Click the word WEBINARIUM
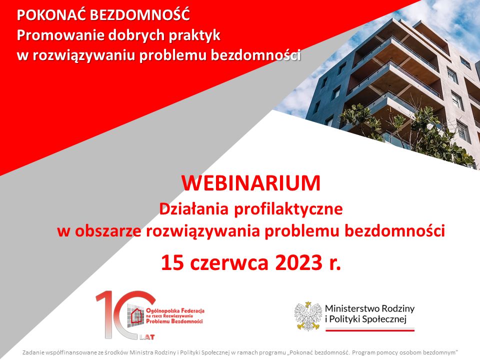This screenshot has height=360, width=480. (x=250, y=183)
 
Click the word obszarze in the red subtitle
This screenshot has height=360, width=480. (x=108, y=231)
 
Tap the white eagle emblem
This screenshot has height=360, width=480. (x=307, y=316)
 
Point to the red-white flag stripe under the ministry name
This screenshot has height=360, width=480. (x=370, y=329)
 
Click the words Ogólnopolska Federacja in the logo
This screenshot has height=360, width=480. (x=175, y=310)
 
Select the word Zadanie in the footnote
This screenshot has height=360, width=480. (x=30, y=352)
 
